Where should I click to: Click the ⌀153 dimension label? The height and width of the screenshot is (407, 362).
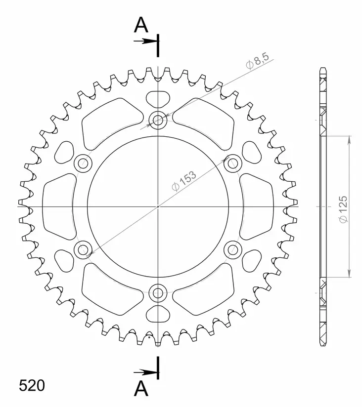point(184,181)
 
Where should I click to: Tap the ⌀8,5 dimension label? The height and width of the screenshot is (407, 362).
point(258,61)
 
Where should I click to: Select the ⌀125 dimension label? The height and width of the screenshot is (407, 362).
point(343,209)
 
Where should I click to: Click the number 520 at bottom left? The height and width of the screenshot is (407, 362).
point(32,385)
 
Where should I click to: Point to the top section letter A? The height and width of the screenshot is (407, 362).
point(141,25)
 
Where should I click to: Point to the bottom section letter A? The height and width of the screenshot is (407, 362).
point(141,389)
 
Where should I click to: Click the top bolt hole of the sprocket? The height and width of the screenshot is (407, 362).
point(158,120)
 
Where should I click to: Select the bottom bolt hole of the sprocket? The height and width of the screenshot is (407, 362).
point(158,293)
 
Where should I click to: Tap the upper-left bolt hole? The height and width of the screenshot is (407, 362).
point(83,163)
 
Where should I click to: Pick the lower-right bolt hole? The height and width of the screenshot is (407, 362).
point(233,250)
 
